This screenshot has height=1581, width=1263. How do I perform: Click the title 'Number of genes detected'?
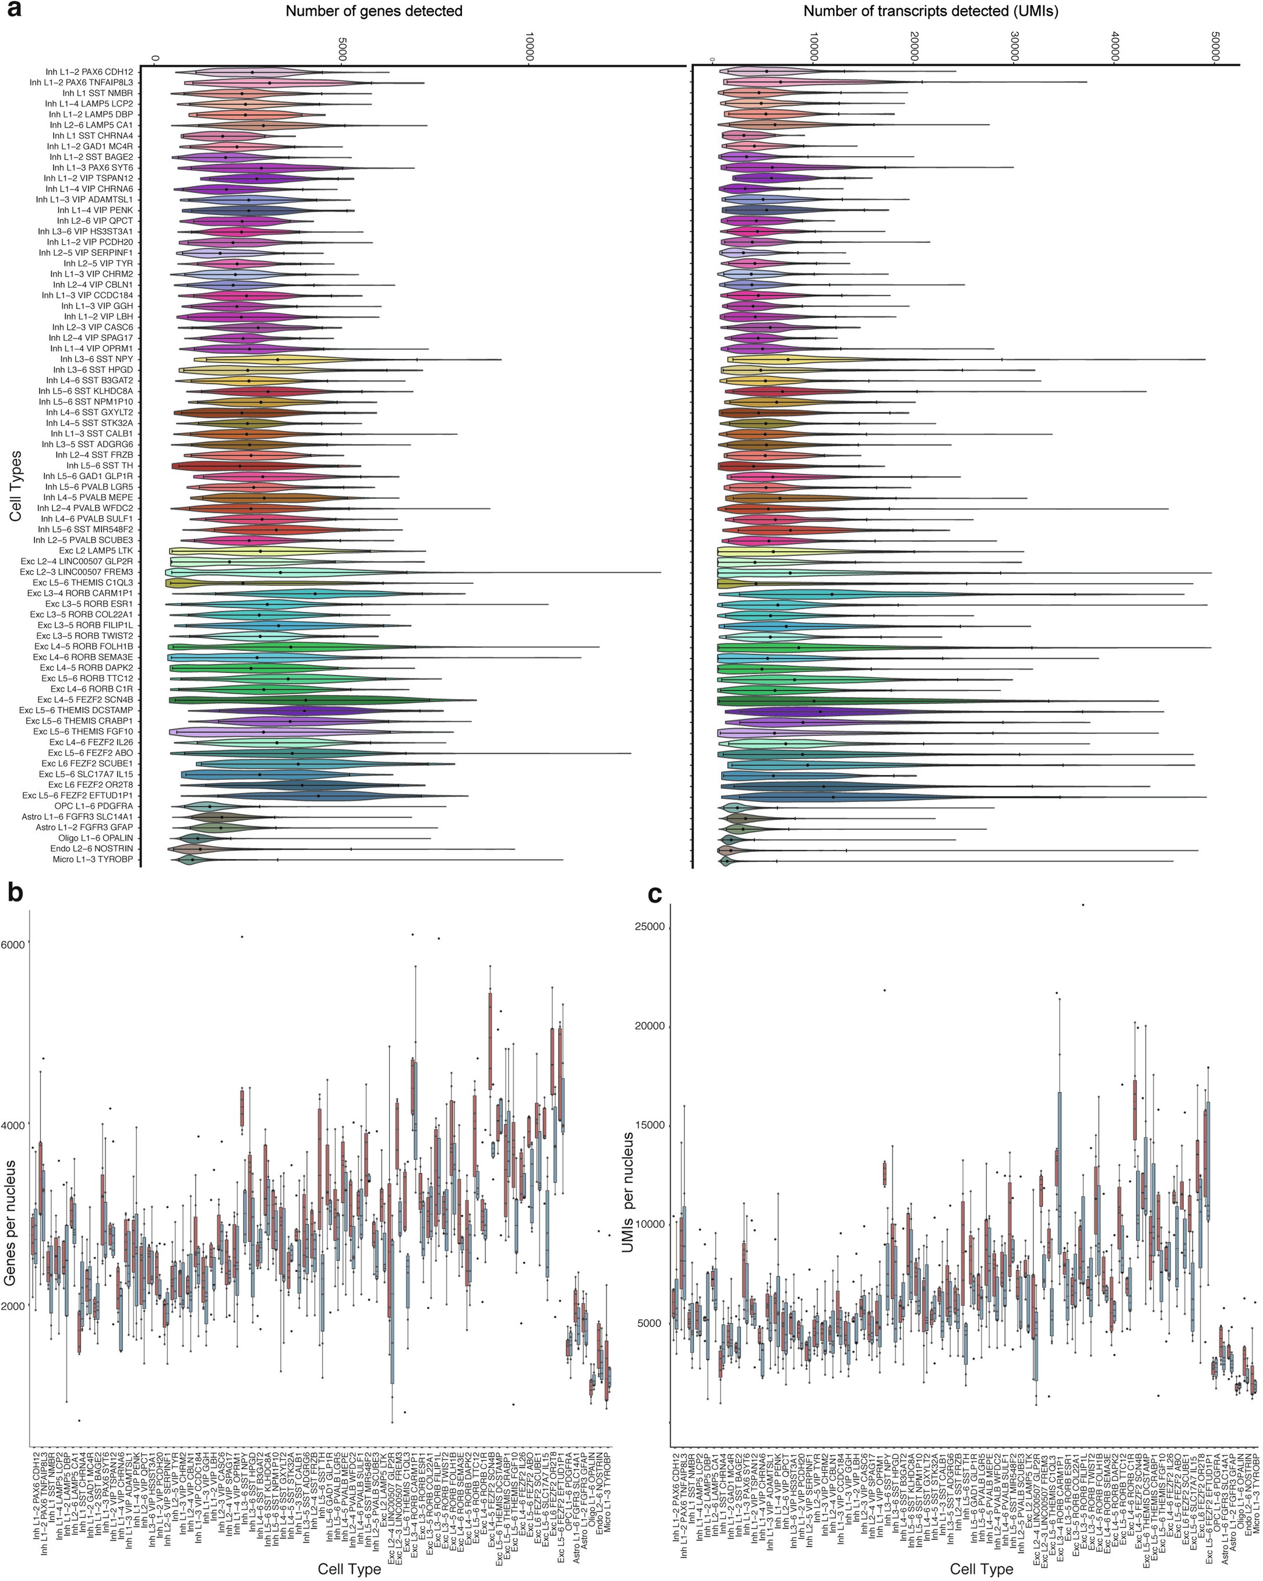point(374,11)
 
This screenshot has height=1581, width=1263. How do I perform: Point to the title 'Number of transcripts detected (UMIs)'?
point(931,11)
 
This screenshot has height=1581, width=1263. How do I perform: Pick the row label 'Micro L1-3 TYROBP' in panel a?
point(93,859)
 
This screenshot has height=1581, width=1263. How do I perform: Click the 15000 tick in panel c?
point(649,1125)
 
